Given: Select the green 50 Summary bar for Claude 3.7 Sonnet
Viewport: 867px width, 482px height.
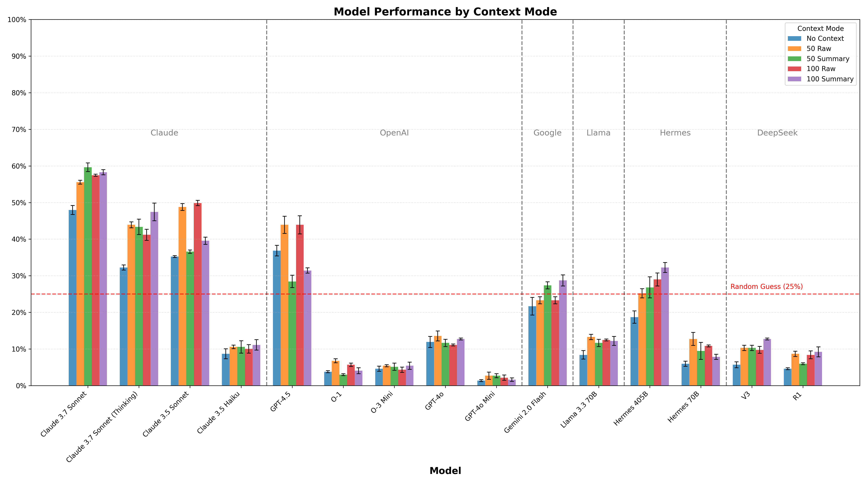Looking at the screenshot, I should [x=88, y=276].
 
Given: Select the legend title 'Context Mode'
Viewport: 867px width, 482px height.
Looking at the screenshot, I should [x=821, y=29].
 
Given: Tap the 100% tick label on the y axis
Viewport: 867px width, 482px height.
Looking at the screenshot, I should [x=17, y=20].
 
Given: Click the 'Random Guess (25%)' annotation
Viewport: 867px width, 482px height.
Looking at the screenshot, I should [x=766, y=287].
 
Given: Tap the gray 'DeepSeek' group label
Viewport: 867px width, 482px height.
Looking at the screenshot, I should [x=777, y=133].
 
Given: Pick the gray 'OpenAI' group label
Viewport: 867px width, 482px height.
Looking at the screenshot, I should [x=394, y=133].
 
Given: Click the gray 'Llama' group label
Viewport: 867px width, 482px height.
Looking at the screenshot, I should [x=598, y=133].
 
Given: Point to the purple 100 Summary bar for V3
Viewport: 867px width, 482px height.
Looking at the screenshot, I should [x=767, y=362].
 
